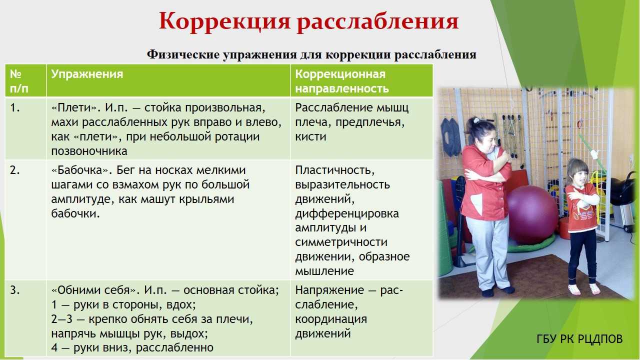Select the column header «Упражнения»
87,74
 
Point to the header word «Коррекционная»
340,74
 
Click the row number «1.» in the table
15,107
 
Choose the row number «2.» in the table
15,170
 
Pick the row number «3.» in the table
15,290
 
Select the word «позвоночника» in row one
89,151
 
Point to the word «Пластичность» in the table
335,170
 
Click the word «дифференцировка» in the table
347,213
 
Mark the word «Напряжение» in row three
329,290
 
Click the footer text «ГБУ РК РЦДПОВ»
579,339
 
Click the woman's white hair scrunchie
475,120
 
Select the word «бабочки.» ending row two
75,213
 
